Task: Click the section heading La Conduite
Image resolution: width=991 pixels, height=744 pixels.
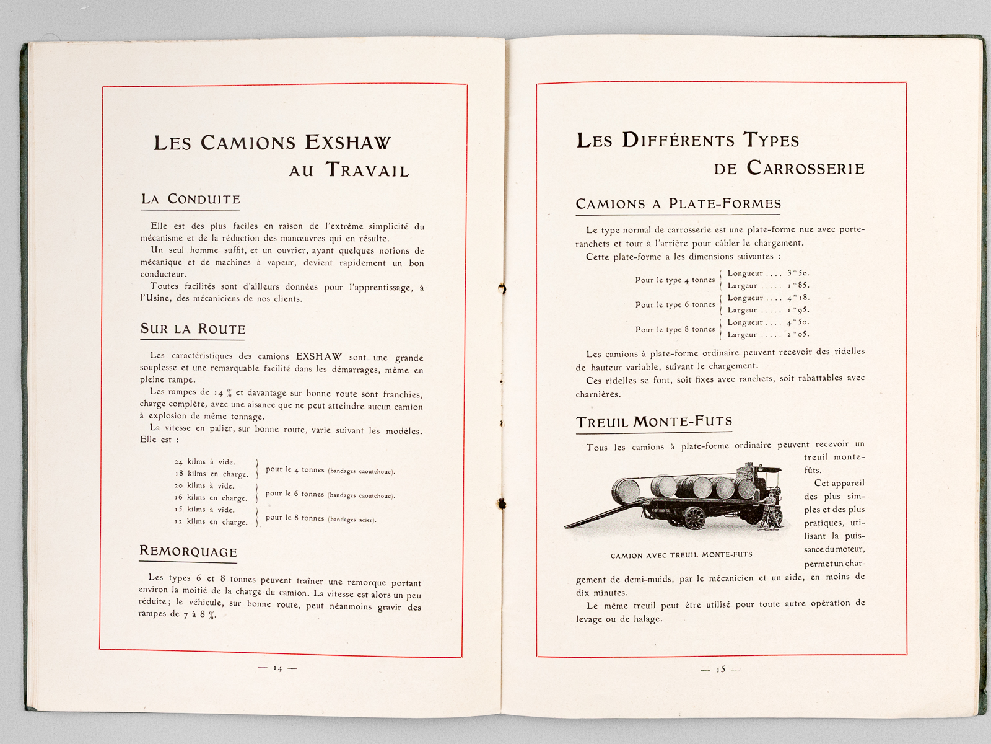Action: tap(190, 200)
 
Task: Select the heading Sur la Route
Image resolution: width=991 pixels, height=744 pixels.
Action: tap(193, 329)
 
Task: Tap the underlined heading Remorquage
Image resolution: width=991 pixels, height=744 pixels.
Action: tap(188, 551)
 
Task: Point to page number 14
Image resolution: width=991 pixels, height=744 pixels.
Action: tap(277, 668)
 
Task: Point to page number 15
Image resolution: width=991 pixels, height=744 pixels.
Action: tap(720, 670)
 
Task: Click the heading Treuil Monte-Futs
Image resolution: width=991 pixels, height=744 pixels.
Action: tap(654, 422)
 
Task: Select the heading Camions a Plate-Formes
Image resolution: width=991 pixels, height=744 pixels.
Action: tap(678, 204)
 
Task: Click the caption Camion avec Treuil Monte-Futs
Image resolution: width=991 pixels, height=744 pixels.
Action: tap(681, 556)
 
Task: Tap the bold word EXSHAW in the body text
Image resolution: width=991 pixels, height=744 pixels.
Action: tap(318, 356)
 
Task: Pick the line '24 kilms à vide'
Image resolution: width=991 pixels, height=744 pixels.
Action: tap(205, 462)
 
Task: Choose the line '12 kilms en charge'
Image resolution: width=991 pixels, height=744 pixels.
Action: tap(211, 522)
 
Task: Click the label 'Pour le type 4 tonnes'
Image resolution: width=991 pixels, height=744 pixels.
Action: tap(674, 280)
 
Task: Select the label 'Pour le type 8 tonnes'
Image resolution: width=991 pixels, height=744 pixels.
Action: tap(674, 330)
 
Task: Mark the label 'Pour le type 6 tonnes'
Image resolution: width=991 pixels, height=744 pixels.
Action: tap(674, 305)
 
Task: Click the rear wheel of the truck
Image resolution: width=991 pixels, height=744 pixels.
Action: tap(694, 518)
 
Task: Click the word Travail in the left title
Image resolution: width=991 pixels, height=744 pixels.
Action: tap(367, 170)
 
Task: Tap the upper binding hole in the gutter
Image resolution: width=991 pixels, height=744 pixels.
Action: tap(502, 288)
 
